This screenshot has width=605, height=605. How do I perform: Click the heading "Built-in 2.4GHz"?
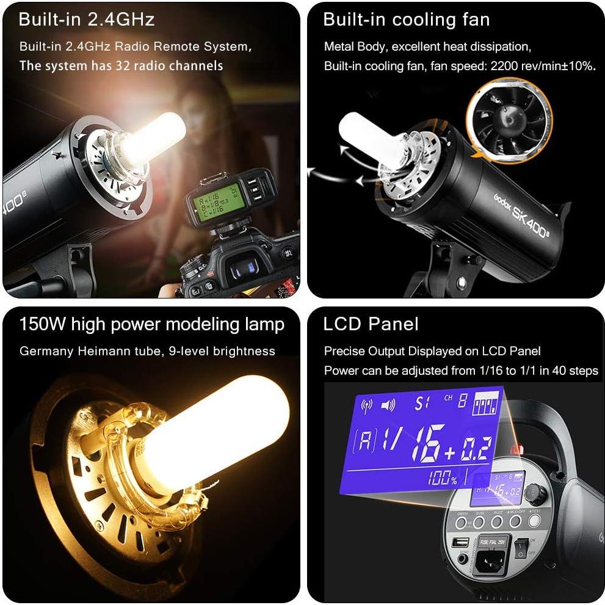click(87, 20)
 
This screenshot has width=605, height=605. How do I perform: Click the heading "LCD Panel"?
click(371, 324)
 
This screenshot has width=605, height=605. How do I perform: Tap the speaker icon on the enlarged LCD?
click(388, 405)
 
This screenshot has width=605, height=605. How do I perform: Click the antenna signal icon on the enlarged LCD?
click(367, 405)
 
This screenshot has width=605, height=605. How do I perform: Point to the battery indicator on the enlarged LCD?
click(487, 404)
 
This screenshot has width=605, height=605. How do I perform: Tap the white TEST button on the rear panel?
click(535, 521)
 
